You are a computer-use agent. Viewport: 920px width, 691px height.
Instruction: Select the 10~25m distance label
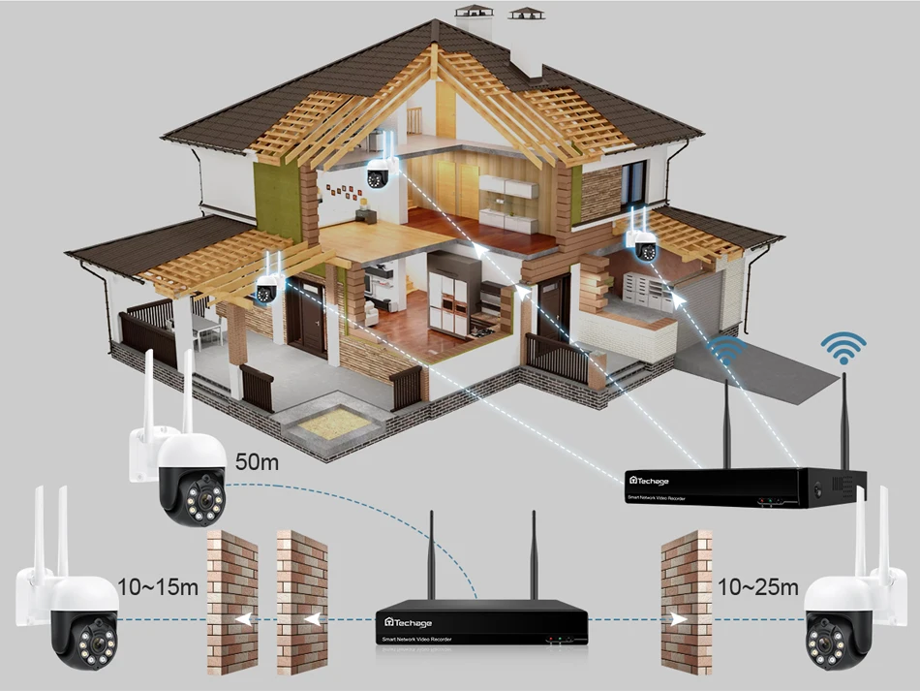758,587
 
